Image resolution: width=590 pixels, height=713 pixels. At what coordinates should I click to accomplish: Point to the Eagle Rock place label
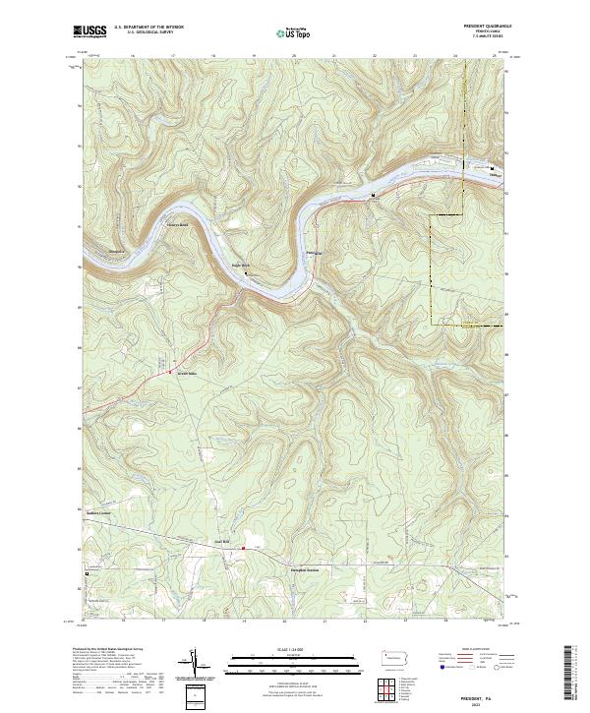point(242,266)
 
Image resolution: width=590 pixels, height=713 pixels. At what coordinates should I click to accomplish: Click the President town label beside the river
point(314,254)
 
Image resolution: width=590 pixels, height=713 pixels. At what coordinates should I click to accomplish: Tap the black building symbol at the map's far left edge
point(86,573)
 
